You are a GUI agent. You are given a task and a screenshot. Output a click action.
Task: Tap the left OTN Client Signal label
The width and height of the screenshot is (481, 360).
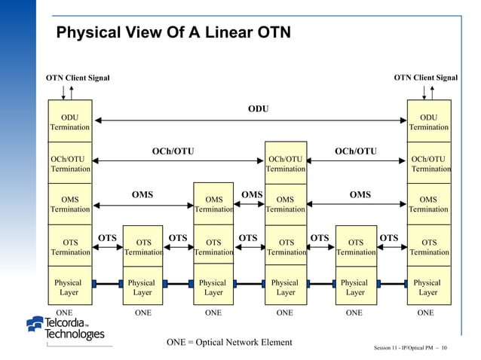pyautogui.click(x=78, y=78)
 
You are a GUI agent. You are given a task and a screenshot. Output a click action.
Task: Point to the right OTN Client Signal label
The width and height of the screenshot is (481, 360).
pyautogui.click(x=426, y=78)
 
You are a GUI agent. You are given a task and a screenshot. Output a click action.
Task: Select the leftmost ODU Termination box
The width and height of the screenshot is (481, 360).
pyautogui.click(x=70, y=122)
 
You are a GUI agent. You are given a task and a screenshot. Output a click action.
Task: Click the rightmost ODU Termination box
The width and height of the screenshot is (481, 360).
pyautogui.click(x=428, y=122)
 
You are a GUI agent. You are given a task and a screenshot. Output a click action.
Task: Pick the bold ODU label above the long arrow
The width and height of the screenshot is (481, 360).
pyautogui.click(x=258, y=109)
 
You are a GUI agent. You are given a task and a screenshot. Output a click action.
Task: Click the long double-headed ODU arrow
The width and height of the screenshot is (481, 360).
pyautogui.click(x=249, y=120)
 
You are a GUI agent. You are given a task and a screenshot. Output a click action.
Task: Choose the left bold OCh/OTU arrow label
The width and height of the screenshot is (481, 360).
pyautogui.click(x=173, y=151)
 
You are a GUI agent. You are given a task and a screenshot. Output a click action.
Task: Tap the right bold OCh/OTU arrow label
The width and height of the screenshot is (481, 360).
pyautogui.click(x=355, y=151)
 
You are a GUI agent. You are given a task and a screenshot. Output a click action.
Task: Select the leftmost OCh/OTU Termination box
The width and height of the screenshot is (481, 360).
pyautogui.click(x=70, y=164)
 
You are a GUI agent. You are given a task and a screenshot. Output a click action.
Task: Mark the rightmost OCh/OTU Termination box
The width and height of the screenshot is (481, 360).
pyautogui.click(x=428, y=164)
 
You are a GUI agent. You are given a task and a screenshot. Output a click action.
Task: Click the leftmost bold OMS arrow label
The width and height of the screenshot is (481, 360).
pyautogui.click(x=142, y=194)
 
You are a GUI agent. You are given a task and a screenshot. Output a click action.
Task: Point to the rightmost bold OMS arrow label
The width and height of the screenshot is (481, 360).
pyautogui.click(x=360, y=194)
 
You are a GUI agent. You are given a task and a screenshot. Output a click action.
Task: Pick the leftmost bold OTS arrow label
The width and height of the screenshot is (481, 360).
pyautogui.click(x=107, y=238)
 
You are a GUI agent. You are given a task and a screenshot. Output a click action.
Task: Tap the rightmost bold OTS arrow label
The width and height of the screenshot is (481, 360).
pyautogui.click(x=389, y=238)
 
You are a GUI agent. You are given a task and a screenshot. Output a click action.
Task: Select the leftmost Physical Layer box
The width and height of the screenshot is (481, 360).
pyautogui.click(x=70, y=287)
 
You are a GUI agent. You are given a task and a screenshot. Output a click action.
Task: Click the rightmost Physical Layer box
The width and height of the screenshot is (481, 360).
pyautogui.click(x=428, y=287)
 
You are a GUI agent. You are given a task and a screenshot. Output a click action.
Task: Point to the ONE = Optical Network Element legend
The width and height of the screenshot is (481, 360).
pyautogui.click(x=229, y=343)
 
